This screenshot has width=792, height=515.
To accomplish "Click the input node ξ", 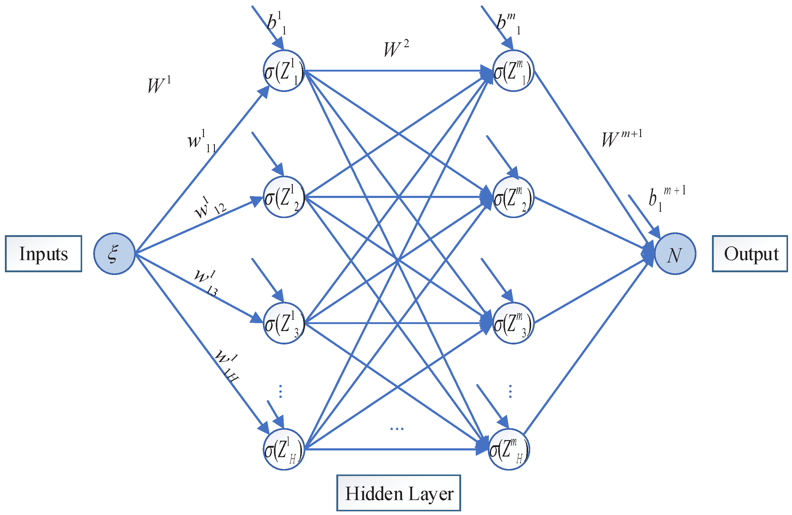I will [x=114, y=254].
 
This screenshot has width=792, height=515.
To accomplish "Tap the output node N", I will [x=675, y=254].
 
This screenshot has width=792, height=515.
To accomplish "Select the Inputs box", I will [x=44, y=254].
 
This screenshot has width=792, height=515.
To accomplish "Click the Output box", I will [x=750, y=254].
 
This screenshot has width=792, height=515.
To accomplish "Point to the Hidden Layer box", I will [x=399, y=493].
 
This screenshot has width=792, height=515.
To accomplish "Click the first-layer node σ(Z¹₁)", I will [x=284, y=71].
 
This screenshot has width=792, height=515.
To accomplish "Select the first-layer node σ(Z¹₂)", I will [x=284, y=197].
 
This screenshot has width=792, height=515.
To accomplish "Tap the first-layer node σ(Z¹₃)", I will [x=284, y=323].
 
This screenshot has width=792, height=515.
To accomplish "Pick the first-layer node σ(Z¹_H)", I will [x=284, y=449].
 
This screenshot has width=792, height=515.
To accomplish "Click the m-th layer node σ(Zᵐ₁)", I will [x=513, y=71].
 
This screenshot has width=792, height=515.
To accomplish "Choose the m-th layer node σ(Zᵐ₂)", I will [x=513, y=197].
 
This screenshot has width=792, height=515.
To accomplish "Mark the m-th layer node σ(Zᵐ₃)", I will [x=513, y=323].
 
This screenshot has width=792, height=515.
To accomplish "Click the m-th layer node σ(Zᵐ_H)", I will [x=509, y=449].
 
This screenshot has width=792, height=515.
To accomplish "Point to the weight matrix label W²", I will [x=396, y=49].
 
